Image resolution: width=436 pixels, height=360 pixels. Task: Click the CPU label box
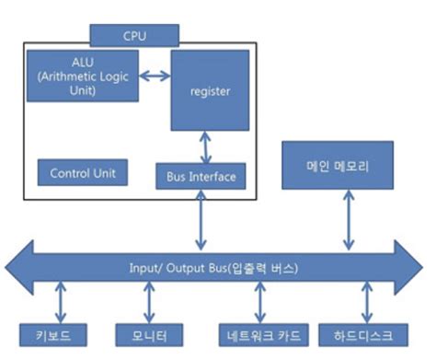(133, 36)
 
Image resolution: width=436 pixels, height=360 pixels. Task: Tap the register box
(209, 91)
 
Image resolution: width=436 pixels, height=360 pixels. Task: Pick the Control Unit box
(82, 172)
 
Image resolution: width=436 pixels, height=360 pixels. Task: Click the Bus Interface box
(201, 175)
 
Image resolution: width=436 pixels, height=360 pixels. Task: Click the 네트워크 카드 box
(259, 333)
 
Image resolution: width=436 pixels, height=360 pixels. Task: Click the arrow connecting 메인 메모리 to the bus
(348, 222)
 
